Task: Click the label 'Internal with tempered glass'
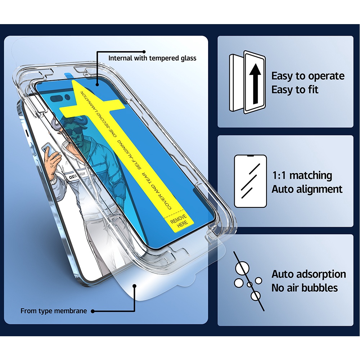tap(152, 58)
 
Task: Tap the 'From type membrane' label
tap(54, 311)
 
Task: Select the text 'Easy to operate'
tap(308, 76)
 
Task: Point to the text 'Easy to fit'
tap(295, 90)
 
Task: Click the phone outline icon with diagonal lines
tap(251, 181)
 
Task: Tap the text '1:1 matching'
tap(302, 176)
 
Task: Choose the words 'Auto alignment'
tap(307, 189)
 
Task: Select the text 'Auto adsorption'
tap(309, 274)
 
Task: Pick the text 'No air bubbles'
tap(305, 288)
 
